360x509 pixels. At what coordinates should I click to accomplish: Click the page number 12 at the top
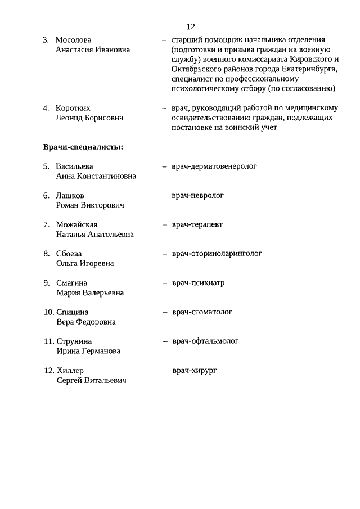pyautogui.click(x=190, y=26)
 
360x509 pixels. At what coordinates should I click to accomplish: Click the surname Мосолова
pyautogui.click(x=73, y=40)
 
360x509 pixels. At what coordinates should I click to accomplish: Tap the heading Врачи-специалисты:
pyautogui.click(x=83, y=147)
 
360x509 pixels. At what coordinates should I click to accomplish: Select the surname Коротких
pyautogui.click(x=73, y=108)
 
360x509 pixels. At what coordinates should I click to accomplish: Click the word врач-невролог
pyautogui.click(x=198, y=196)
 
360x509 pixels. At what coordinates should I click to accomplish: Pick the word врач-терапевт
pyautogui.click(x=197, y=224)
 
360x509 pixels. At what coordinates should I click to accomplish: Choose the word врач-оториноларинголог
pyautogui.click(x=217, y=254)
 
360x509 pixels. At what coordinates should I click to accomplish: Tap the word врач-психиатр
pyautogui.click(x=199, y=283)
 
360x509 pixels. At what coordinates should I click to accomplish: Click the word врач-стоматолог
pyautogui.click(x=202, y=312)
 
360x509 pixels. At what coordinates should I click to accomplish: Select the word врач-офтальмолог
pyautogui.click(x=205, y=341)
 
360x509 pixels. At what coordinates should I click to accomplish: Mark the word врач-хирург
pyautogui.click(x=195, y=370)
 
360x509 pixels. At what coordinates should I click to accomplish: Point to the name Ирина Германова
pyautogui.click(x=88, y=351)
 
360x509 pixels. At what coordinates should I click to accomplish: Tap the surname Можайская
pyautogui.click(x=77, y=225)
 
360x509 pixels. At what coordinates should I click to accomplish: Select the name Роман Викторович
pyautogui.click(x=90, y=205)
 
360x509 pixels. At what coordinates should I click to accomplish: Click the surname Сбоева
pyautogui.click(x=69, y=254)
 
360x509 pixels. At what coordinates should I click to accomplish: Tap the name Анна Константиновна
pyautogui.click(x=96, y=176)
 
